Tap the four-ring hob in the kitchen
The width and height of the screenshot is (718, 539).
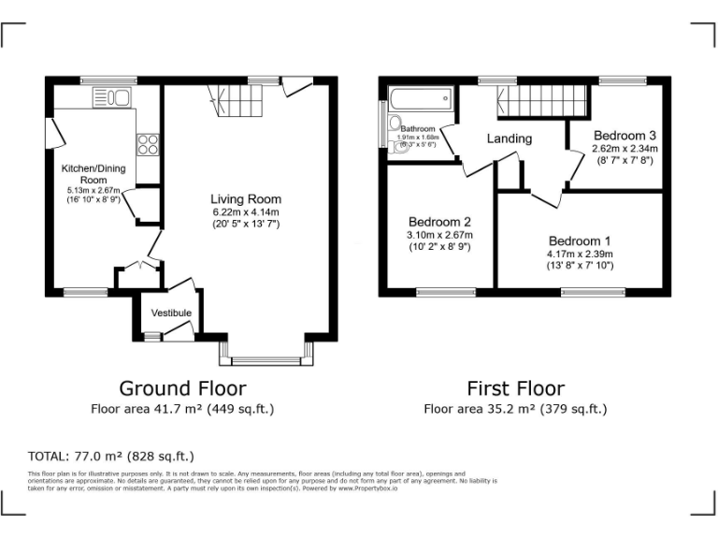click(148, 144)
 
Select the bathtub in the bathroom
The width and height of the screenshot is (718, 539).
click(421, 97)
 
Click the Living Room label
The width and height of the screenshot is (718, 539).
click(245, 199)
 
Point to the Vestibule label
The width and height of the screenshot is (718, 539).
click(171, 313)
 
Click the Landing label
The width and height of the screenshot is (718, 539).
click(510, 138)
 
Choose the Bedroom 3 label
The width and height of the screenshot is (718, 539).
click(625, 135)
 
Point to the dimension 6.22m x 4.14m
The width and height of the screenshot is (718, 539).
click(245, 211)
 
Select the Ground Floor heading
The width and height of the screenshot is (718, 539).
click(182, 387)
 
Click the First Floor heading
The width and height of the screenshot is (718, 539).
click(515, 387)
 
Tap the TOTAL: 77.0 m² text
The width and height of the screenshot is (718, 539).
click(111, 457)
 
